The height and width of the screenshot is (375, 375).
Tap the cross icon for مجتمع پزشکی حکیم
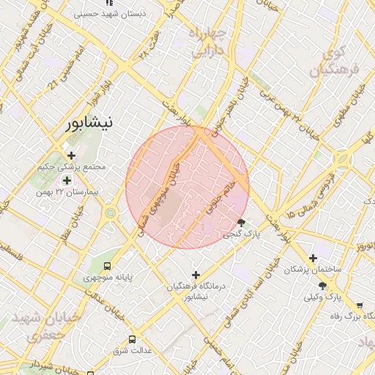pyautogui.click(x=71, y=155)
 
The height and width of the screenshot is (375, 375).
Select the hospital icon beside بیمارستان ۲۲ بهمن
pyautogui.click(x=67, y=180)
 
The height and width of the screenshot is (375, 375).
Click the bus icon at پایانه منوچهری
pyautogui.click(x=108, y=267)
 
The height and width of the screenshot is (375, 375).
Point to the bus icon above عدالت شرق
pyautogui.click(x=132, y=339)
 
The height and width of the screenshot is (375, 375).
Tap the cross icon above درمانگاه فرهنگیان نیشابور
pyautogui.click(x=195, y=275)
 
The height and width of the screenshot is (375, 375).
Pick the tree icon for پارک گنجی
pyautogui.click(x=242, y=223)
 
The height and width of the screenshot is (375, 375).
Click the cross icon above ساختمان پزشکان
pyautogui.click(x=313, y=258)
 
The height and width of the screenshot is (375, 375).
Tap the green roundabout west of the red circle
pyautogui.click(x=111, y=213)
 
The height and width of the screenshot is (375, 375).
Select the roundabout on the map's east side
pyautogui.click(x=343, y=158)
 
